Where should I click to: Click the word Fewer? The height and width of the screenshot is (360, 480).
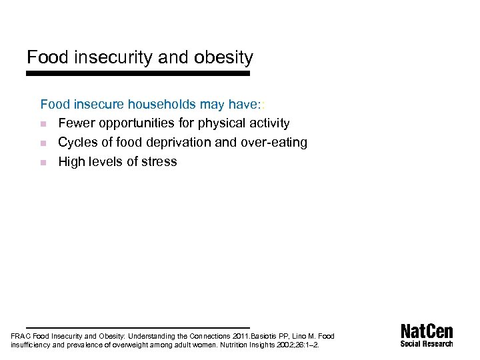tap(76, 123)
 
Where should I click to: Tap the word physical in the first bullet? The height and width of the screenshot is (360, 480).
tap(225, 123)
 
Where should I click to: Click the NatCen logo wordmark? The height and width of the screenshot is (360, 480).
tap(427, 331)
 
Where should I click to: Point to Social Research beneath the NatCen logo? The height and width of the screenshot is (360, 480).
tap(427, 344)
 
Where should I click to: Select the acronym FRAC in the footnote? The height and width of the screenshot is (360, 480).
tap(21, 337)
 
